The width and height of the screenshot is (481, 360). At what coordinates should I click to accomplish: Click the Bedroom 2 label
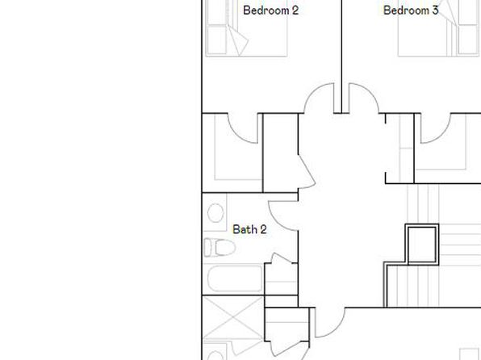pos(270,10)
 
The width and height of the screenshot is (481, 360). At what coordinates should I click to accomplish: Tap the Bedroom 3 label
pos(411,10)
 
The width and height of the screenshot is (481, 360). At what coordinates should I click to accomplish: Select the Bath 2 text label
pos(249,229)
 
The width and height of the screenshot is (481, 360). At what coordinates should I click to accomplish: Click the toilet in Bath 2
pos(220,247)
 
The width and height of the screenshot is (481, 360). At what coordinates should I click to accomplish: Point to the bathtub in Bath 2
pos(235,278)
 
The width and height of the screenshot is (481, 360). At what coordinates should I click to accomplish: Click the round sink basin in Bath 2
pos(215,212)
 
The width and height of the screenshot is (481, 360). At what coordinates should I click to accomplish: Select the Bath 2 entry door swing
pos(282,216)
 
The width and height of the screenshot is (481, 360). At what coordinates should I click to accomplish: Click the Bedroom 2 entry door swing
pos(319,98)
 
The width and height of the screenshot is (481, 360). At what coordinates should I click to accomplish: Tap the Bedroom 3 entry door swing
pos(364,98)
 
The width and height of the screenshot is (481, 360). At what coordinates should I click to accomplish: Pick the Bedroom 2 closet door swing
pos(242,128)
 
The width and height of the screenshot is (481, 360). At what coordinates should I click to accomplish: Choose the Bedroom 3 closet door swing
pos(436,128)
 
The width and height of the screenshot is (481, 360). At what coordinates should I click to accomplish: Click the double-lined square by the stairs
pos(422,244)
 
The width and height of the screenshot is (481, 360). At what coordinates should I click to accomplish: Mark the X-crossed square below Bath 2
pos(233,318)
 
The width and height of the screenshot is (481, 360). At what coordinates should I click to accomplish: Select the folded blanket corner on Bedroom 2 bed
pos(238,40)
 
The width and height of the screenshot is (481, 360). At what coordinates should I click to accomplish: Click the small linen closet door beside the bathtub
pos(281,258)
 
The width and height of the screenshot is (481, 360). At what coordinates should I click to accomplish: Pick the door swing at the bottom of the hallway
pos(330,323)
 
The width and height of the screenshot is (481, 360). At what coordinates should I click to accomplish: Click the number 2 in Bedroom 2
pos(295,10)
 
